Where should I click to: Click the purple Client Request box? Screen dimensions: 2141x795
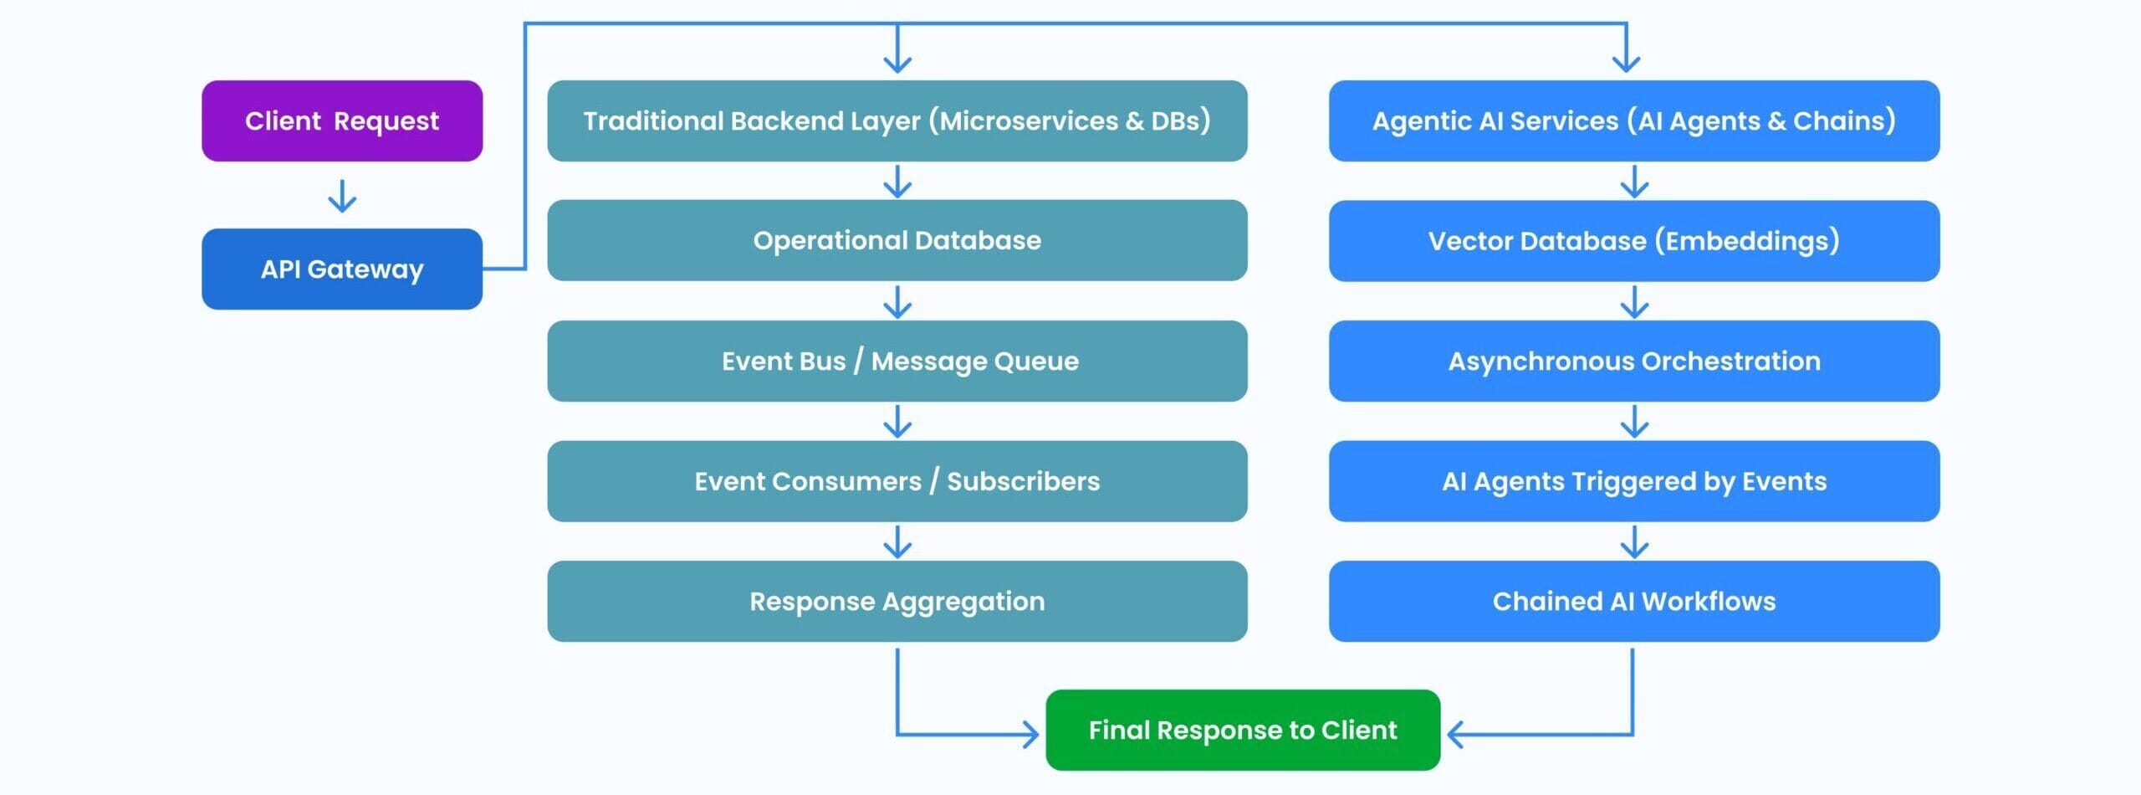342,121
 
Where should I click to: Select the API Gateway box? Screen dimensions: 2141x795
342,269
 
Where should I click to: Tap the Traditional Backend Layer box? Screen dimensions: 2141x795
897,121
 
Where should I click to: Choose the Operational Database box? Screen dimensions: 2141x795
897,240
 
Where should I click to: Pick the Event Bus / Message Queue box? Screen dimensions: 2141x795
897,361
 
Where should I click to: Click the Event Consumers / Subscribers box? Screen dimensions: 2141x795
897,481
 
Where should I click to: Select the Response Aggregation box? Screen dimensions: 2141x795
897,601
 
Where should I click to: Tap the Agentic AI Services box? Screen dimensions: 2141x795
1634,121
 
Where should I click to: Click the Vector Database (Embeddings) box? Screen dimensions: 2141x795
1634,240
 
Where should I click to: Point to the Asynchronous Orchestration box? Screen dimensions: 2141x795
1634,361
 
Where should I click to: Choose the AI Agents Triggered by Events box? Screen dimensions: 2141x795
1634,481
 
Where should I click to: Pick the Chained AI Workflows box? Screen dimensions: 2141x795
1634,601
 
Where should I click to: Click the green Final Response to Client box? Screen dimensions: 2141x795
1243,730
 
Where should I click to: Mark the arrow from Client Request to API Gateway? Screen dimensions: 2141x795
342,196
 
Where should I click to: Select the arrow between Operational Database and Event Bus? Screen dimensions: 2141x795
897,302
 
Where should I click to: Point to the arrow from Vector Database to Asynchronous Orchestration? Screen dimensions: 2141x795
1634,302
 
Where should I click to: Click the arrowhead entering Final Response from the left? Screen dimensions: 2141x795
1032,735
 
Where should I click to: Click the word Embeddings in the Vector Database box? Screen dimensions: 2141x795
1752,241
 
